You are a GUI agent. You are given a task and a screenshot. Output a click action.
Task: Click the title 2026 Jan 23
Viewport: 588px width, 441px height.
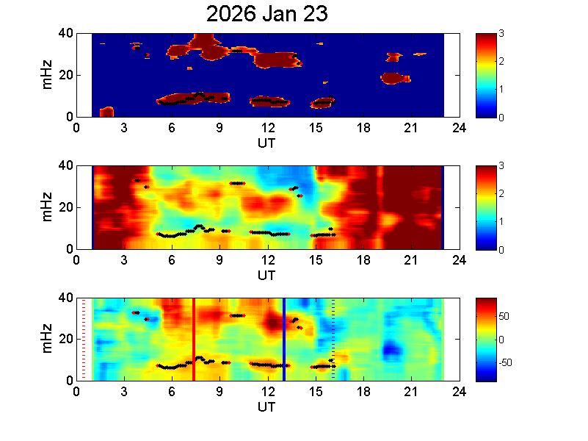tap(266, 14)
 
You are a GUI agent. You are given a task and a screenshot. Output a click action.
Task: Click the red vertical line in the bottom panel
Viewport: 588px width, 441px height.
tap(194, 338)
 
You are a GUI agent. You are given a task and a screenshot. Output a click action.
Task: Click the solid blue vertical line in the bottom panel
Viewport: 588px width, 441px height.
tap(284, 338)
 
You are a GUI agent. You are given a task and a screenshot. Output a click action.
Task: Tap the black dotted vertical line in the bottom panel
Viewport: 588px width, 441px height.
tap(333, 338)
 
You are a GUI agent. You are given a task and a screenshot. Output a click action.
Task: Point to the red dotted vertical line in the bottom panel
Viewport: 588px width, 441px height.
tap(83, 338)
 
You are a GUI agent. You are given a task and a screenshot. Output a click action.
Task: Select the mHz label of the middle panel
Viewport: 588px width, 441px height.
tap(47, 207)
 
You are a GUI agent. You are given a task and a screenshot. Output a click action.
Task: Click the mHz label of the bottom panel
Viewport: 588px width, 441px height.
tap(47, 339)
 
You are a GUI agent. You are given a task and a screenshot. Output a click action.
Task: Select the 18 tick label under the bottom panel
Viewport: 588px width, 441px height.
tap(363, 392)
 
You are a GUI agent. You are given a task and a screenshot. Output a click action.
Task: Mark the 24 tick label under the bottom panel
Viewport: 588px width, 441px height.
tap(458, 392)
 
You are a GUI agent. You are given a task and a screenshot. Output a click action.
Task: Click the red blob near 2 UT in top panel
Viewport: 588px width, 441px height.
tap(106, 112)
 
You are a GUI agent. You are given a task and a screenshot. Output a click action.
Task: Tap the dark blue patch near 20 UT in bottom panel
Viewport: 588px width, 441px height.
tap(393, 347)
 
